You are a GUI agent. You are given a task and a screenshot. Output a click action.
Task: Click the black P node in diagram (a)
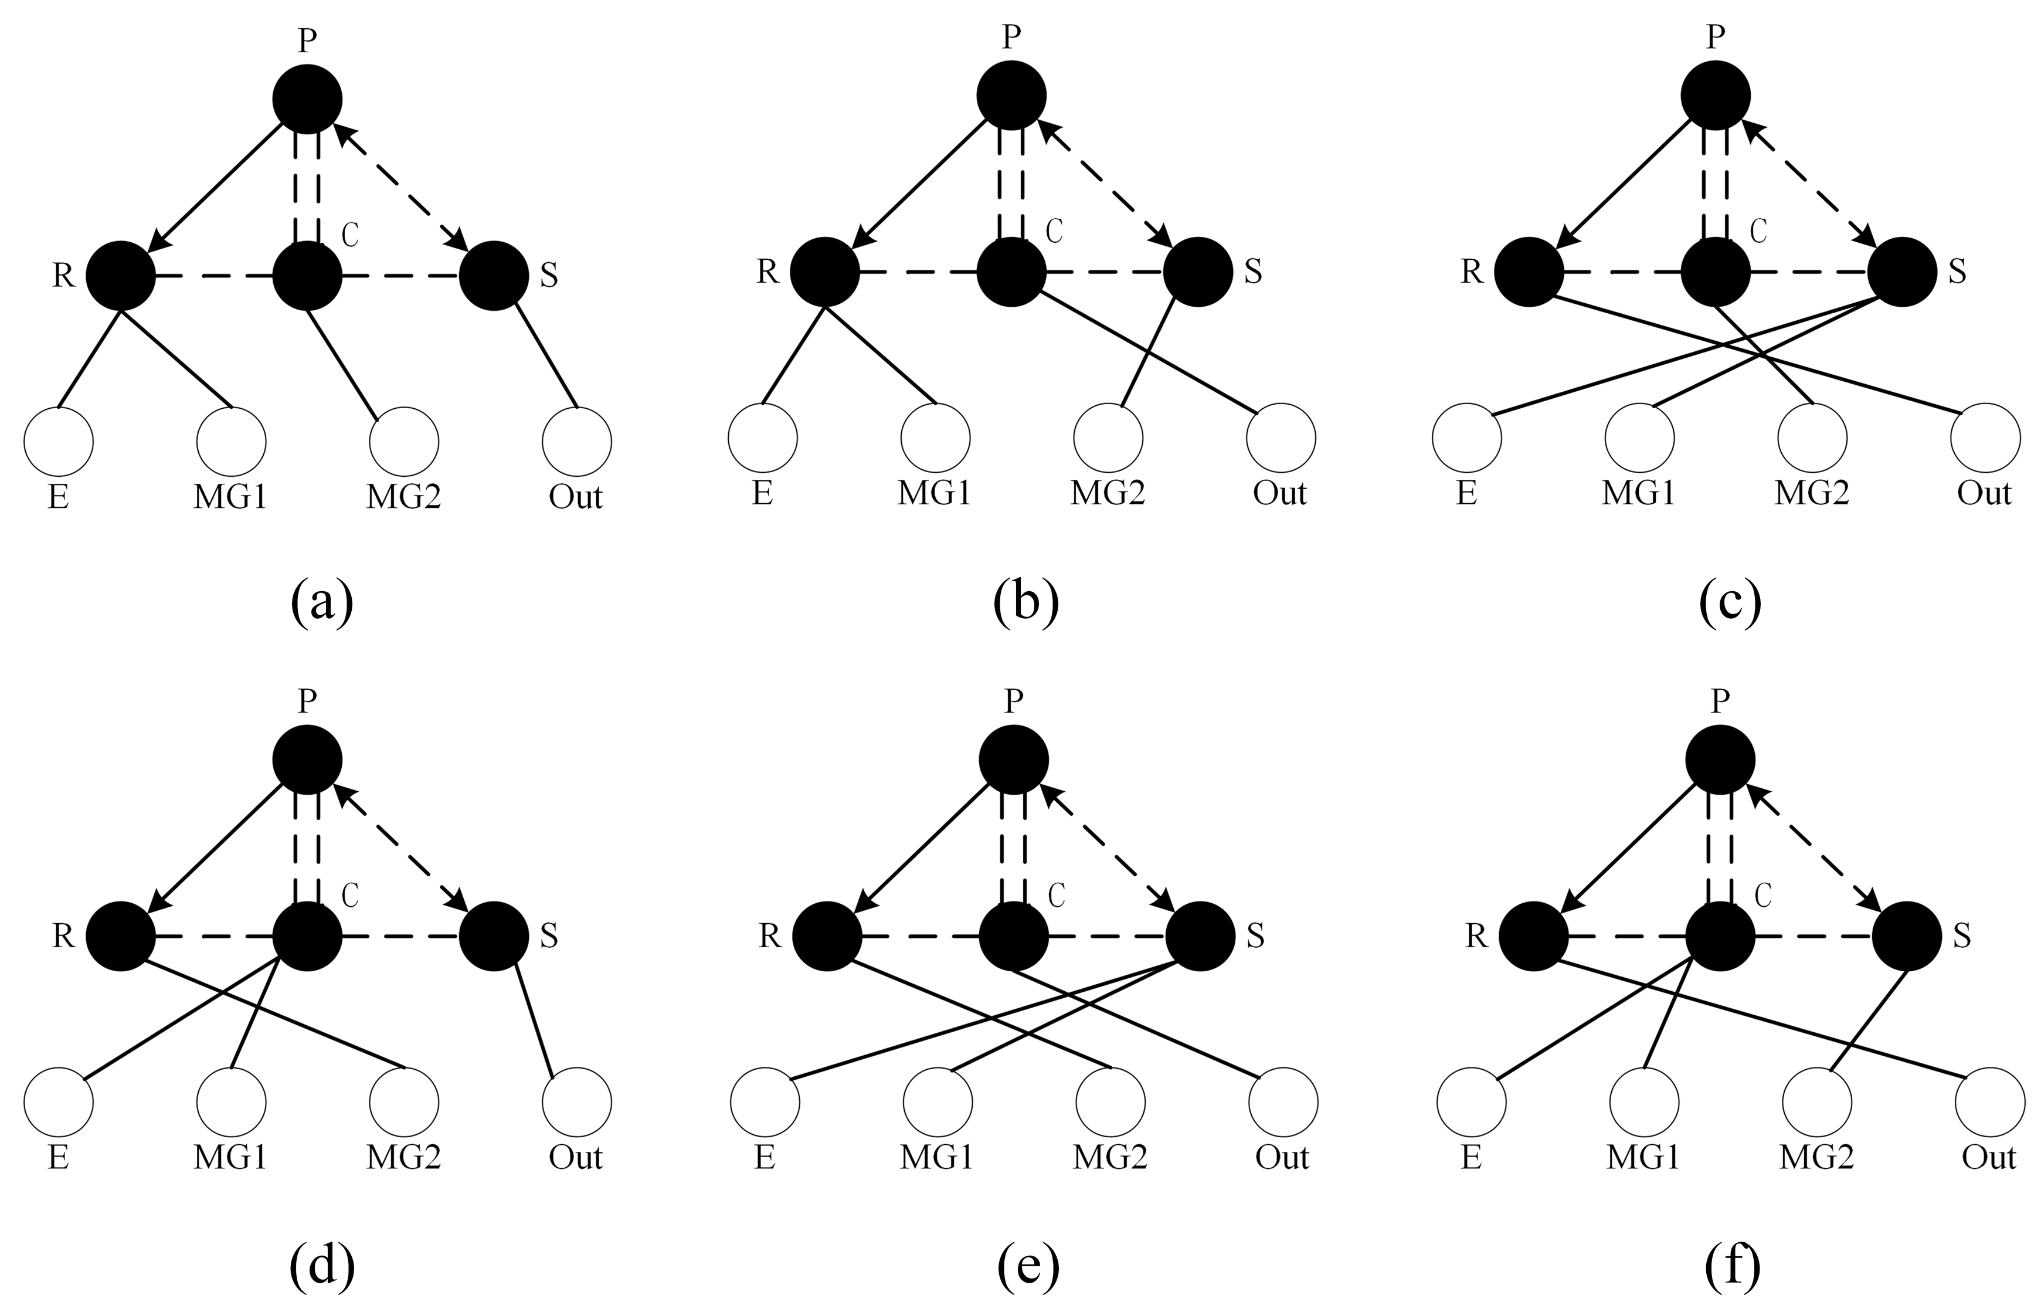[x=307, y=99]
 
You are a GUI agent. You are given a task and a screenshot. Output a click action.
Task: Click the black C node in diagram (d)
[x=307, y=936]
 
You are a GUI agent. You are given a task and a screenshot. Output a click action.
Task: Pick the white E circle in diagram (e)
[x=765, y=1101]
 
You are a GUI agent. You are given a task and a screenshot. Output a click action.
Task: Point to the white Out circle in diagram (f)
[x=1990, y=1101]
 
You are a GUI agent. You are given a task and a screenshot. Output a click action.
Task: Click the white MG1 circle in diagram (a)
[x=231, y=441]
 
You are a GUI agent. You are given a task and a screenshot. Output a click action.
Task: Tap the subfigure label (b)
[x=1026, y=602]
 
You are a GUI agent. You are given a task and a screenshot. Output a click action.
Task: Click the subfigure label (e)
[x=1028, y=1267]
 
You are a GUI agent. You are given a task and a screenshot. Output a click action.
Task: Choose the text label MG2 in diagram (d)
[x=403, y=1158]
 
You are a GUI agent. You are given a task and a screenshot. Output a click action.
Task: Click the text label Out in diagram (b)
[x=1280, y=493]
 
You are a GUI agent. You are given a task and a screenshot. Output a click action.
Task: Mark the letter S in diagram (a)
[x=549, y=276]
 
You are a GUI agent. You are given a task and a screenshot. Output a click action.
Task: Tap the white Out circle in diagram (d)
[x=576, y=1101]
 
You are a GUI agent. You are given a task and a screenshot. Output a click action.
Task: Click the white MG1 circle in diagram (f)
[x=1644, y=1101]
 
